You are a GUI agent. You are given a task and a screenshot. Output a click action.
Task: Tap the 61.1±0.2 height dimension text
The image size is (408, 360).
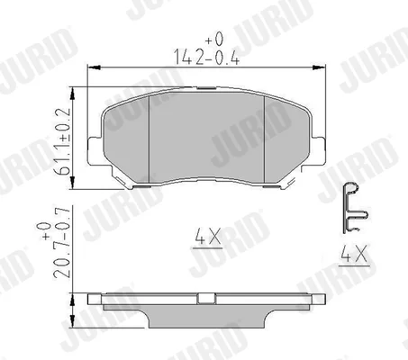pos(62,141)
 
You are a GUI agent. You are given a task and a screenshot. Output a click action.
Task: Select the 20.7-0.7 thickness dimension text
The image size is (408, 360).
pos(62,242)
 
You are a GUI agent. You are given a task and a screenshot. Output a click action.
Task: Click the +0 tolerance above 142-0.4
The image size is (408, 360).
pos(214,39)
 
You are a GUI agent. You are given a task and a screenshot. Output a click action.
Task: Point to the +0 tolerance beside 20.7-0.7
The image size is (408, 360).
pos(46,231)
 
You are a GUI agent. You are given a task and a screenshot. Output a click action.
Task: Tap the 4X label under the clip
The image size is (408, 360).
pos(354,253)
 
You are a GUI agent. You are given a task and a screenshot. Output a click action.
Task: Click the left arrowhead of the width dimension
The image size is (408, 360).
pos(93,67)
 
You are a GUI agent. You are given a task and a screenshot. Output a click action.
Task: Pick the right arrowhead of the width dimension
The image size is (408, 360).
pos(319,67)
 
